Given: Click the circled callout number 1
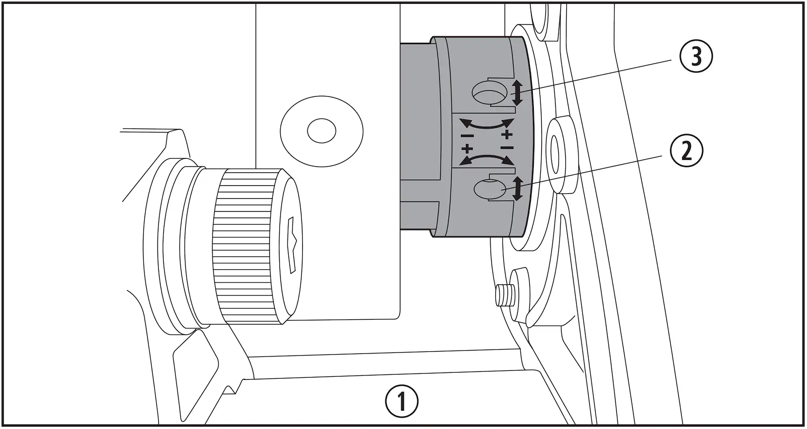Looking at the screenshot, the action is pyautogui.click(x=402, y=401).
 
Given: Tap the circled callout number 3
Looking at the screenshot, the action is pyautogui.click(x=696, y=57).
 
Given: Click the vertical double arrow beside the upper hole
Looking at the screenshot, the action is pyautogui.click(x=517, y=93).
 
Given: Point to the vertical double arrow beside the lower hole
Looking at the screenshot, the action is pyautogui.click(x=517, y=189).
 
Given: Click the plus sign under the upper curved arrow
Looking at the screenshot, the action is pyautogui.click(x=507, y=135).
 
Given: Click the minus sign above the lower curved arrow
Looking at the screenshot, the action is pyautogui.click(x=507, y=147).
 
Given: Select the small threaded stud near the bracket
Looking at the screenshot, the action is pyautogui.click(x=503, y=296).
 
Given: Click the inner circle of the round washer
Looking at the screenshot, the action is pyautogui.click(x=321, y=132).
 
